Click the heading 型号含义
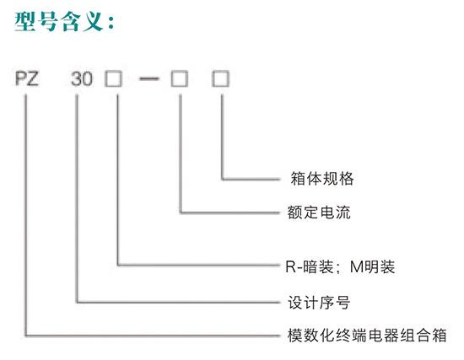pos(60,22)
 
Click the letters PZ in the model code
pos(27,79)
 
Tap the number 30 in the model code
pos(82,79)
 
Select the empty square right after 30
pos(113,79)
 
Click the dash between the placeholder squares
pos(149,79)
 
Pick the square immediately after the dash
pos(180,79)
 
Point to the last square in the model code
pos(220,79)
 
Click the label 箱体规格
pos(322,179)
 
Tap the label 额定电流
pos(319,212)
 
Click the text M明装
pos(372,266)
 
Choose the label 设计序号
pos(319,303)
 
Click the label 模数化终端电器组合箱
pos(367,336)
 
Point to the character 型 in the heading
pos(25,22)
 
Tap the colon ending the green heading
pos(111,23)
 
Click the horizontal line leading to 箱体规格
pos(251,180)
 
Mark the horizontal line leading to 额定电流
pos(230,212)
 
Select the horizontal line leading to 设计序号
pos(178,303)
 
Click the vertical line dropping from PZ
pos(26,215)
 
